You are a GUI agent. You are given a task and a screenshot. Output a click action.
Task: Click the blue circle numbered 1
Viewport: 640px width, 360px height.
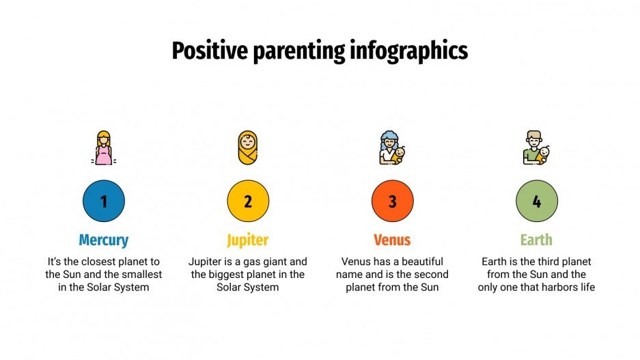[103, 202]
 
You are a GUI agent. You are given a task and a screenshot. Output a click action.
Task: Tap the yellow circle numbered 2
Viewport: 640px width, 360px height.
[248, 202]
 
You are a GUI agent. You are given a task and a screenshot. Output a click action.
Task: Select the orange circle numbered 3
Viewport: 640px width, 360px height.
[392, 202]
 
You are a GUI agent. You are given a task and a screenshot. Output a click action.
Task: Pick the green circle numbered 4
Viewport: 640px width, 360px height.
[536, 202]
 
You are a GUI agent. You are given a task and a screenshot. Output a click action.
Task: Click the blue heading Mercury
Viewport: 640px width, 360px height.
[103, 240]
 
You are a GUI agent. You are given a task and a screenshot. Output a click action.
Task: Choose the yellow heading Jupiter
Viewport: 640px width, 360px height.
[248, 240]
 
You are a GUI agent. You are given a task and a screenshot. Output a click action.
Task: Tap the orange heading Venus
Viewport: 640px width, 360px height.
[392, 240]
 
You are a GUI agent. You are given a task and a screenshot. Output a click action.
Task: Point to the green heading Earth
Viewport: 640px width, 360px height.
[536, 240]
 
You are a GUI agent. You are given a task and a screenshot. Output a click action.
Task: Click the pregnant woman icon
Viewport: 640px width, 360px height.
[104, 148]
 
